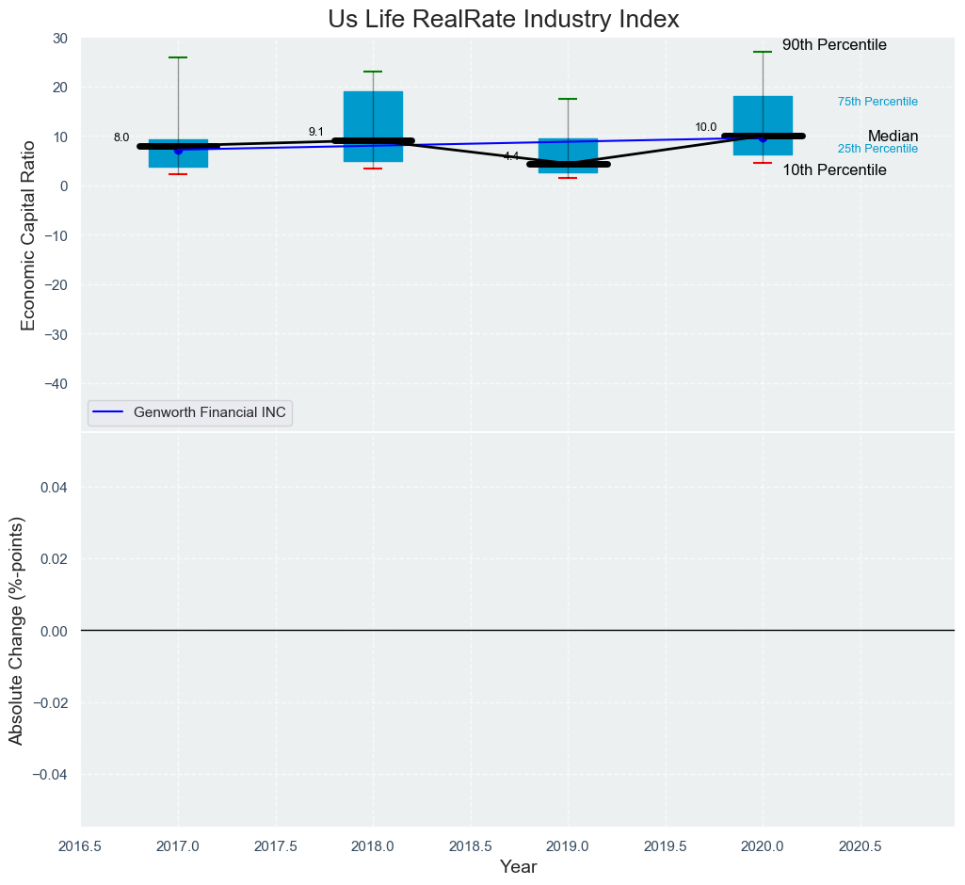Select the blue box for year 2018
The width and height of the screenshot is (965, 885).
point(373,118)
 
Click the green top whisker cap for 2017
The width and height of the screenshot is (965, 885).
point(178,57)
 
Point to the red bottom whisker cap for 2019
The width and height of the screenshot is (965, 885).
point(568,178)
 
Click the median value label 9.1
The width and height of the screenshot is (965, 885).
point(316,132)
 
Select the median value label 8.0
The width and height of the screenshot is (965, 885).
point(121,137)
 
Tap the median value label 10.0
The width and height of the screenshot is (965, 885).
point(706,127)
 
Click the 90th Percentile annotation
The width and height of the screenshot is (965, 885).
point(834,45)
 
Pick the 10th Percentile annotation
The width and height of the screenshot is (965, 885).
point(834,170)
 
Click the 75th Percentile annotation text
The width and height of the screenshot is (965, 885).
point(877,102)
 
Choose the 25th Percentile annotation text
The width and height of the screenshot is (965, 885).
point(877,149)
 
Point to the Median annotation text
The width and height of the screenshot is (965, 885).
point(893,137)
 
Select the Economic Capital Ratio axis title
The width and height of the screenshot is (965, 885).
point(27,234)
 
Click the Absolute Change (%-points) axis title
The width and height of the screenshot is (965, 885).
point(16,630)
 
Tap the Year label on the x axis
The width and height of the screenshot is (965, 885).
point(518,867)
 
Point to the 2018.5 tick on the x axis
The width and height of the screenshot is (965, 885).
point(471,846)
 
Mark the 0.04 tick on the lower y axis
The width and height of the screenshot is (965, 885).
point(53,487)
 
